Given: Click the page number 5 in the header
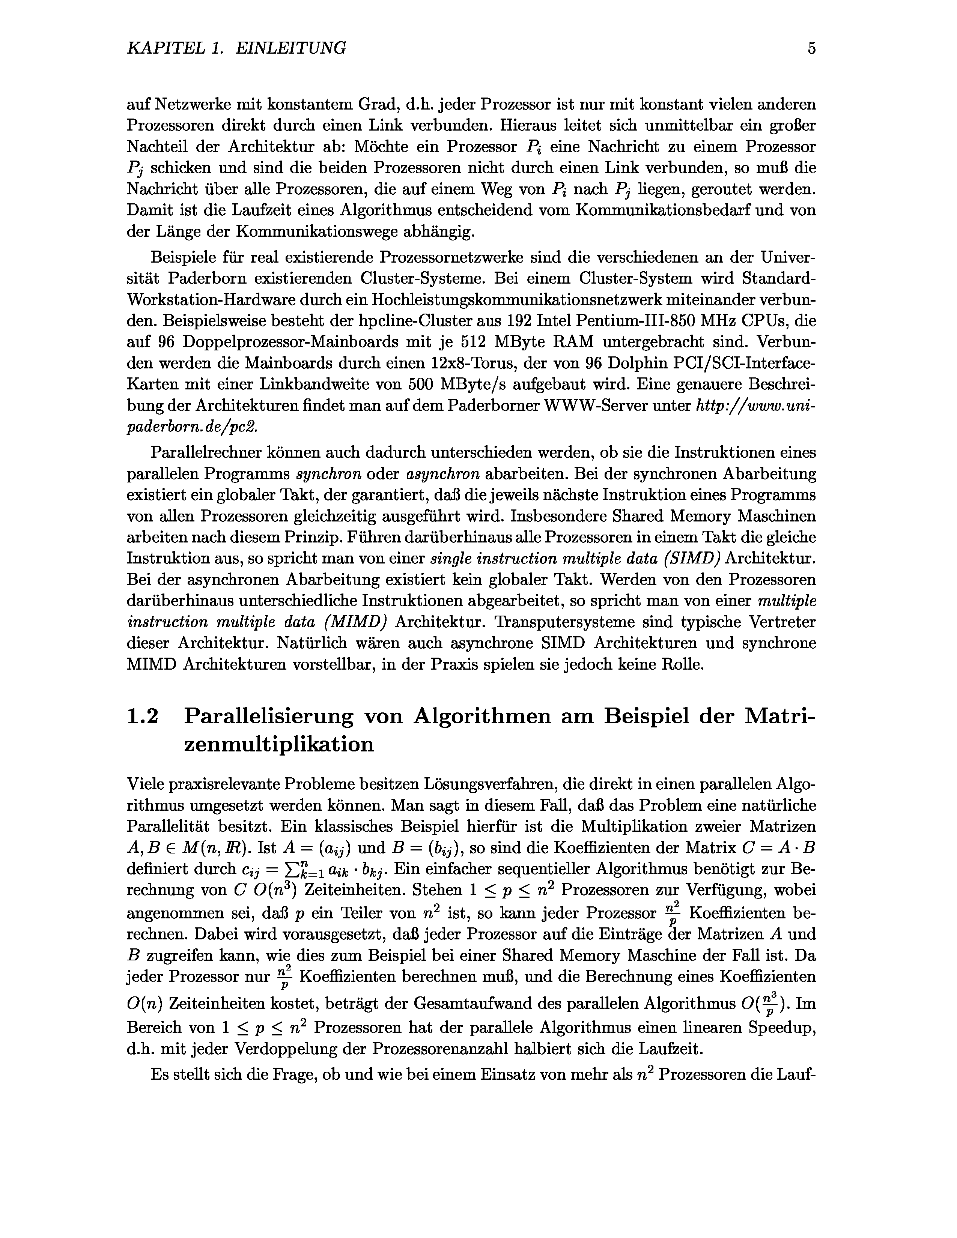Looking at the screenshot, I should coord(811,48).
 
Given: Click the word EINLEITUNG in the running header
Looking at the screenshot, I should coord(290,48).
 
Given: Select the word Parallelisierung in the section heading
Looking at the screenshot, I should coord(269,717).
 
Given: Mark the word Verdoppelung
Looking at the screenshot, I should coord(295,1049).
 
